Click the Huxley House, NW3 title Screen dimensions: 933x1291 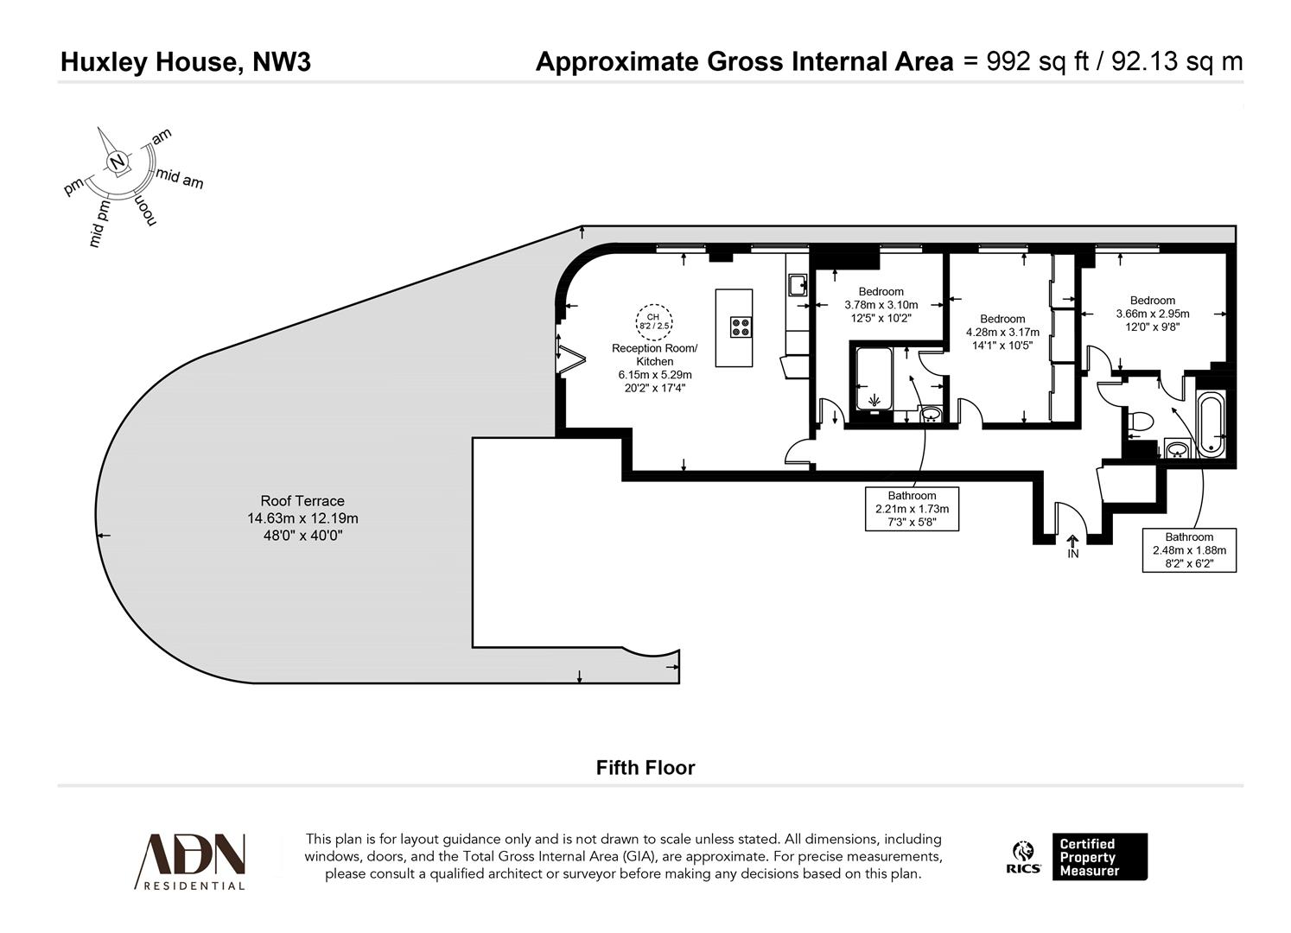point(185,62)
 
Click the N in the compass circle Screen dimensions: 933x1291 point(117,162)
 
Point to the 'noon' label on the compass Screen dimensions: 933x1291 point(144,210)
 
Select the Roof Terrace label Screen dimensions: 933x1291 point(302,501)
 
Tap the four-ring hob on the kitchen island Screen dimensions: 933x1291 point(741,327)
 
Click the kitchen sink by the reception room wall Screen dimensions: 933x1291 point(797,283)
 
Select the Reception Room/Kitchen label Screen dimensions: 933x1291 point(654,354)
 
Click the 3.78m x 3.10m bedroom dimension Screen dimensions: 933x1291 point(881,305)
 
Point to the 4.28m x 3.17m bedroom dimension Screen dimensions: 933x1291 point(1002,333)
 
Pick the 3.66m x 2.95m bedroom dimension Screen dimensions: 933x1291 point(1152,314)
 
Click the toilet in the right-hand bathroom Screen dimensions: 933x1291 point(1141,422)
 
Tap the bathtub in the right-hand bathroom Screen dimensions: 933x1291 point(1210,423)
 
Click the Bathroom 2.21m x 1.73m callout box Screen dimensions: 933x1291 point(912,509)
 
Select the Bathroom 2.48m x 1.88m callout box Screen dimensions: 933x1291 point(1189,549)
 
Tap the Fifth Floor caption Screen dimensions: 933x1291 point(645,768)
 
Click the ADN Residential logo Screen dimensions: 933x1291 point(192,860)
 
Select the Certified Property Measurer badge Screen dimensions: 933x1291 point(1098,857)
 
